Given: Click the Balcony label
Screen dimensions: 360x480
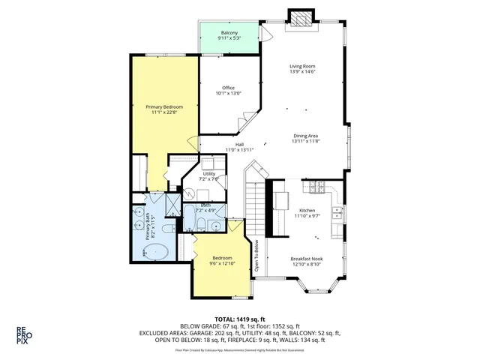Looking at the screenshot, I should pyautogui.click(x=229, y=32).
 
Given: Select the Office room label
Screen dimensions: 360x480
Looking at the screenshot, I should pyautogui.click(x=229, y=88).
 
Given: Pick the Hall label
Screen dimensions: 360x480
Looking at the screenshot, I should pyautogui.click(x=239, y=145).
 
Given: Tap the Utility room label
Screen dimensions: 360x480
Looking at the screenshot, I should pyautogui.click(x=208, y=173).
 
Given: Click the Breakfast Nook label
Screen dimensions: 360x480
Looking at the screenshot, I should pyautogui.click(x=305, y=259).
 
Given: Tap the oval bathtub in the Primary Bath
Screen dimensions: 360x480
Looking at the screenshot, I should pyautogui.click(x=155, y=250).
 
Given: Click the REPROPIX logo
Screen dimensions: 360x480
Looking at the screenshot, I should pyautogui.click(x=25, y=334).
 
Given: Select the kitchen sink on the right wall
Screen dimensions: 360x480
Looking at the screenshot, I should pyautogui.click(x=337, y=216).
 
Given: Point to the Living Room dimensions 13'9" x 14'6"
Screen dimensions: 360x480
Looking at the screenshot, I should pyautogui.click(x=303, y=73).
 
